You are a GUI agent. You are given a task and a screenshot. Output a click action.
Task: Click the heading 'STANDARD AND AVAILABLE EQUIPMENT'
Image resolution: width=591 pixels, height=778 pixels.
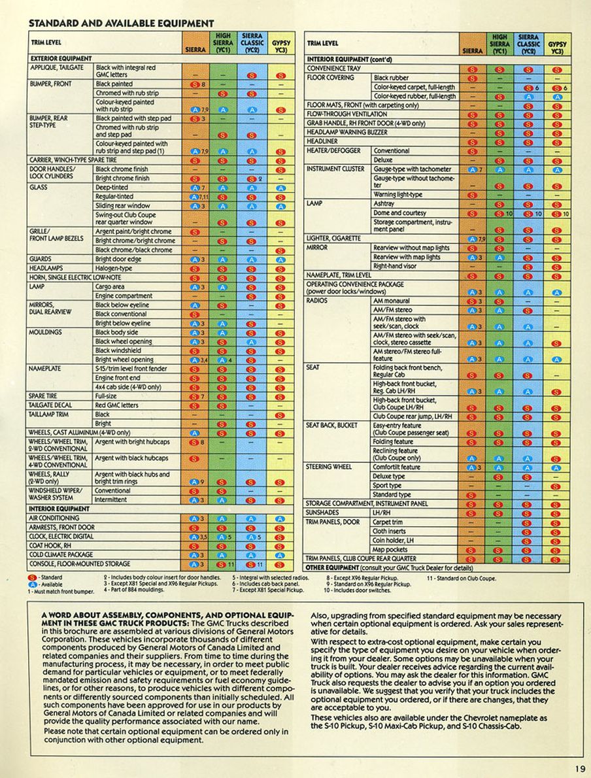tap(121, 24)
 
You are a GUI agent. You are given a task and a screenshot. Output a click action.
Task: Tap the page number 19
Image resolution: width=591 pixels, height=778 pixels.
tap(581, 769)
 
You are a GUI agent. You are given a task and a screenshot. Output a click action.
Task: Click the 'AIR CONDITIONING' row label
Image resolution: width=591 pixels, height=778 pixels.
tap(54, 518)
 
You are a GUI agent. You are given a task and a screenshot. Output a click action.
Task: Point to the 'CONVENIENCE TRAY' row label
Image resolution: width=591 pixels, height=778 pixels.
tap(334, 68)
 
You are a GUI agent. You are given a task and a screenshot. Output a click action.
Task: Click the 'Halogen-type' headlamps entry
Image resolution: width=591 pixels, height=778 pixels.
tap(113, 269)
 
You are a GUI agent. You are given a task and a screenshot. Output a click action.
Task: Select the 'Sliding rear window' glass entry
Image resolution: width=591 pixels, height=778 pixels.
tap(123, 206)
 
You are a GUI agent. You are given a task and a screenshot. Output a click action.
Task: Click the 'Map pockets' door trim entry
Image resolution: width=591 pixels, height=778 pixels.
tap(390, 550)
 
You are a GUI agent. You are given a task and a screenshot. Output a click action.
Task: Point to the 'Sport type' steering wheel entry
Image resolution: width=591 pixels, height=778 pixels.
tap(387, 486)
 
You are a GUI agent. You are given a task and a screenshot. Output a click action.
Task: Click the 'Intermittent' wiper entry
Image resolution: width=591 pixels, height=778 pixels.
tap(112, 499)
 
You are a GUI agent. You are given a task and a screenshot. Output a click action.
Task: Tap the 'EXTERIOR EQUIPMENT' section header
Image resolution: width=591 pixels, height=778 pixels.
tap(61, 58)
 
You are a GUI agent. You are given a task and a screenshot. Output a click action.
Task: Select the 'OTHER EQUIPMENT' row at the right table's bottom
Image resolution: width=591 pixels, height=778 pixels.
tap(388, 567)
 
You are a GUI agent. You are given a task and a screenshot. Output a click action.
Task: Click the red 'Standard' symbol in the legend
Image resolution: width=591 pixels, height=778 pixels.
tap(31, 578)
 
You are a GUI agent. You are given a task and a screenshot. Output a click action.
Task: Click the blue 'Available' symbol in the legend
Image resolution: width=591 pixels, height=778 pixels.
tap(31, 584)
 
